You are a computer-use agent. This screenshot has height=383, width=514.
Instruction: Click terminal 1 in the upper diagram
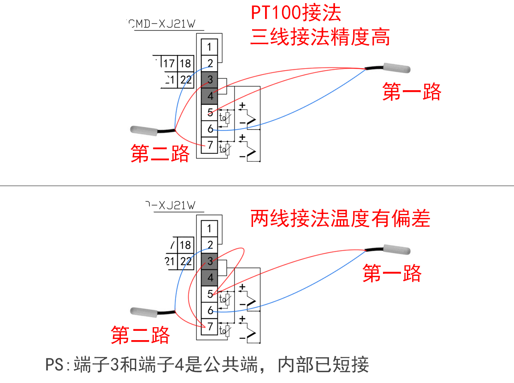pyautogui.click(x=209, y=47)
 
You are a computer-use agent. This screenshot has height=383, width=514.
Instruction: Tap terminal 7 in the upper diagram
pyautogui.click(x=210, y=145)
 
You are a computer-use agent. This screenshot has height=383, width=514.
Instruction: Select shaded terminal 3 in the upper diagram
pyautogui.click(x=210, y=79)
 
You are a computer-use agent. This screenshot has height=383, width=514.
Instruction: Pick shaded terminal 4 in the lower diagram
pyautogui.click(x=210, y=278)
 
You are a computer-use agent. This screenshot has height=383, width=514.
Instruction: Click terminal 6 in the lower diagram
pyautogui.click(x=210, y=311)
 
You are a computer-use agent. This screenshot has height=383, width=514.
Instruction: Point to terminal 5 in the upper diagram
pyautogui.click(x=210, y=112)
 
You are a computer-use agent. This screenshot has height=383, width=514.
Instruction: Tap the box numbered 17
pyautogui.click(x=169, y=63)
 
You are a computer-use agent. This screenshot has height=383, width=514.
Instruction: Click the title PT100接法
pyautogui.click(x=296, y=13)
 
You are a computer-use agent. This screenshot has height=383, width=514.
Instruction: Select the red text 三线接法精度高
pyautogui.click(x=320, y=38)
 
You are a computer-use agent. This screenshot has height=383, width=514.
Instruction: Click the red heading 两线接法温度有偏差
pyautogui.click(x=340, y=219)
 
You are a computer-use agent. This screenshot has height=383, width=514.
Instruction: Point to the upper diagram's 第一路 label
pyautogui.click(x=412, y=92)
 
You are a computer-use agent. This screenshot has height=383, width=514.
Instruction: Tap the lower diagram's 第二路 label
pyautogui.click(x=140, y=335)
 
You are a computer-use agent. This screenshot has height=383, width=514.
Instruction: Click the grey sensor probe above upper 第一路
pyautogui.click(x=397, y=68)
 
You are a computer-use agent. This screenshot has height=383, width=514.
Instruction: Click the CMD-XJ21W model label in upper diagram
pyautogui.click(x=164, y=24)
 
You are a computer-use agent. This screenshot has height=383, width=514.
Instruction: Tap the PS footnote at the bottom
pyautogui.click(x=207, y=365)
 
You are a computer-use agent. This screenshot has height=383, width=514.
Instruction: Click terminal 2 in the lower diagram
pyautogui.click(x=210, y=245)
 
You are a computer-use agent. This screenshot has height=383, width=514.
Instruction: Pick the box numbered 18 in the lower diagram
pyautogui.click(x=185, y=245)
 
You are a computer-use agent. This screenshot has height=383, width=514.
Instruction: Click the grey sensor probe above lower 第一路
pyautogui.click(x=397, y=250)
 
